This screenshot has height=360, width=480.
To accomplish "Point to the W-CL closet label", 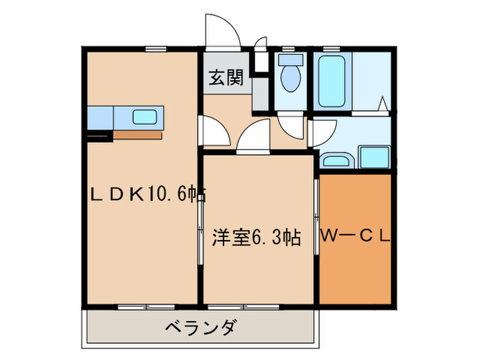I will [355, 237].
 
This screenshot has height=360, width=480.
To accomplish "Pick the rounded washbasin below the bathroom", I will [336, 161].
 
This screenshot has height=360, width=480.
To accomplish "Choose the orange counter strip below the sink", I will [138, 134].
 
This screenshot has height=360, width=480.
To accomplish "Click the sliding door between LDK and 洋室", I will [200, 226].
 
